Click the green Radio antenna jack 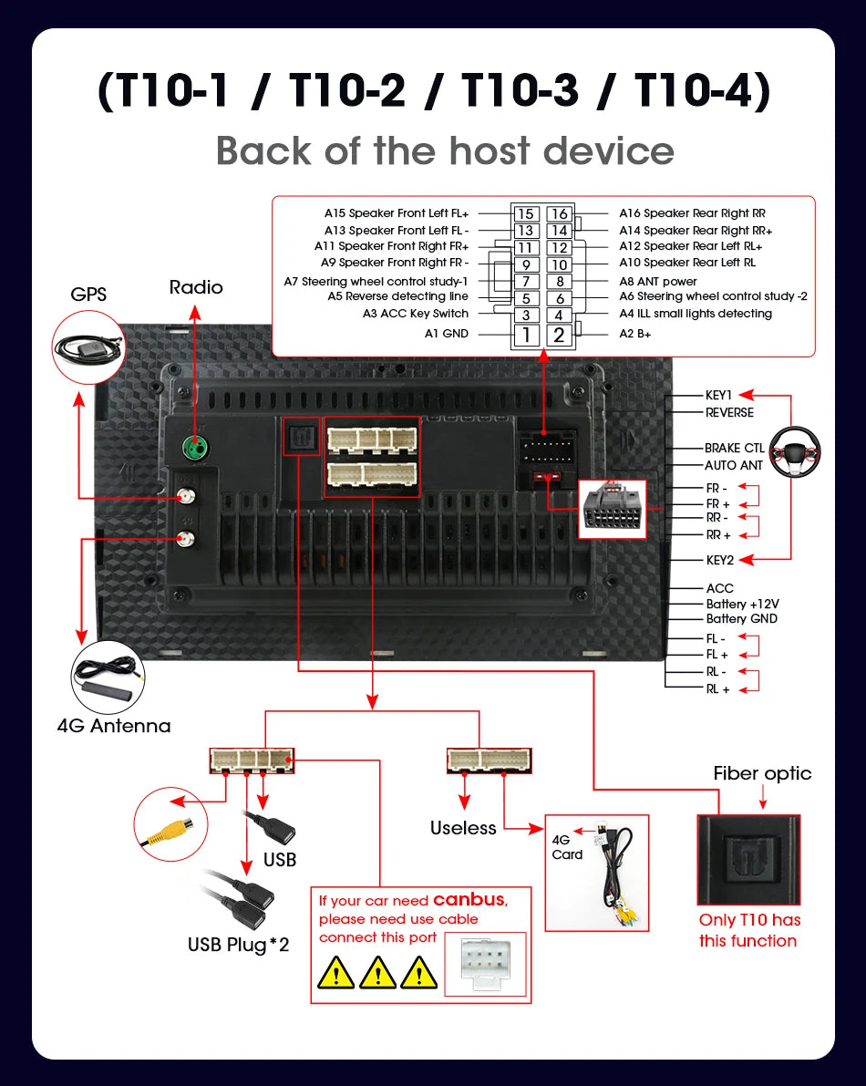(x=196, y=447)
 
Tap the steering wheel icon (x=795, y=452)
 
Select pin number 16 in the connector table (x=560, y=214)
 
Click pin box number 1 (x=526, y=336)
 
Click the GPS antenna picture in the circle (x=88, y=346)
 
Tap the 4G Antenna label (x=114, y=726)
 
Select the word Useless (x=463, y=828)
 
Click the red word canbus (x=469, y=900)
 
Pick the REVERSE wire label (x=729, y=413)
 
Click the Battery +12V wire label (x=742, y=604)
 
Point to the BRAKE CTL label (x=735, y=448)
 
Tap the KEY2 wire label (x=720, y=560)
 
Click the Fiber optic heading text (x=762, y=773)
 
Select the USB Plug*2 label (x=238, y=945)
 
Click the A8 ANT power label (x=657, y=281)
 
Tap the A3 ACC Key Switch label (x=416, y=314)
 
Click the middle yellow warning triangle (x=377, y=972)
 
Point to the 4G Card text (x=567, y=847)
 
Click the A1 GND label (x=447, y=334)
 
